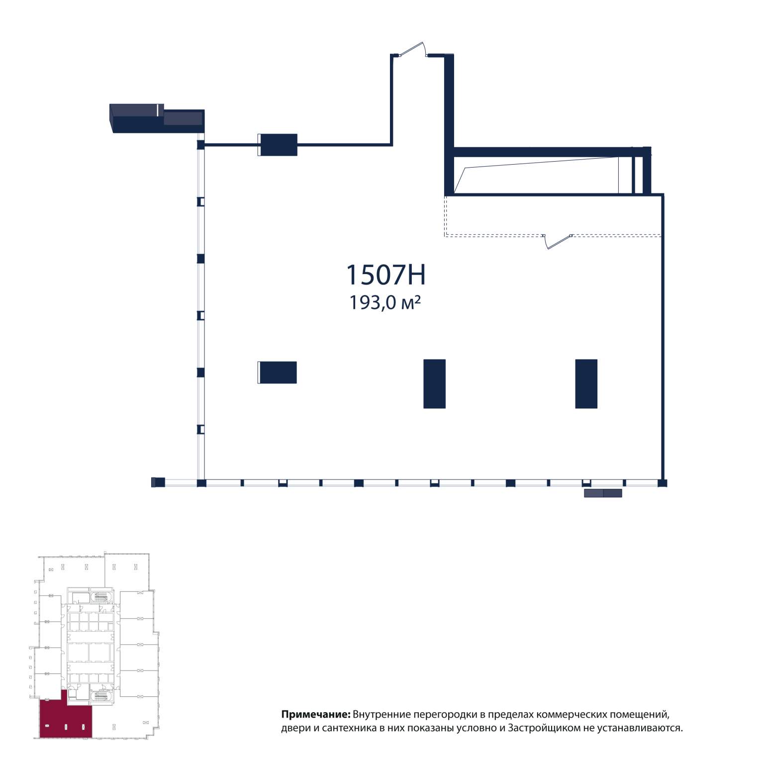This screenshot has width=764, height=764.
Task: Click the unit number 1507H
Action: pyautogui.click(x=385, y=275)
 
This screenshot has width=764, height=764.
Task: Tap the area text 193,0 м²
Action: pyautogui.click(x=385, y=302)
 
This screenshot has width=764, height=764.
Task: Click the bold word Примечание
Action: pyautogui.click(x=316, y=715)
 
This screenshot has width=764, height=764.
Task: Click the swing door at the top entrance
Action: pyautogui.click(x=411, y=50)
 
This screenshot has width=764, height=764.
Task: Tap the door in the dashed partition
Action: pyautogui.click(x=557, y=241)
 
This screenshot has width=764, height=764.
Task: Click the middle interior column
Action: pyautogui.click(x=434, y=384)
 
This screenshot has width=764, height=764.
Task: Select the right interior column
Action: pyautogui.click(x=586, y=384)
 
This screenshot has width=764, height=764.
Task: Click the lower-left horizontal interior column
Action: pyautogui.click(x=277, y=373)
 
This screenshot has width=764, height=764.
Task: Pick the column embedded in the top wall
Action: pyautogui.click(x=278, y=145)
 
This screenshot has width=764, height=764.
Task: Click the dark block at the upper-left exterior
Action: pyautogui.click(x=157, y=119)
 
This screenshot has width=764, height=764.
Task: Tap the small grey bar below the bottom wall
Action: pyautogui.click(x=603, y=493)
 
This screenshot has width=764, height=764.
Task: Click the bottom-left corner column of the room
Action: pyautogui.click(x=201, y=483)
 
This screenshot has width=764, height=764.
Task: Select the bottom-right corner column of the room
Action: pyautogui.click(x=663, y=483)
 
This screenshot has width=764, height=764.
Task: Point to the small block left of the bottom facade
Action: pyautogui.click(x=158, y=482)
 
